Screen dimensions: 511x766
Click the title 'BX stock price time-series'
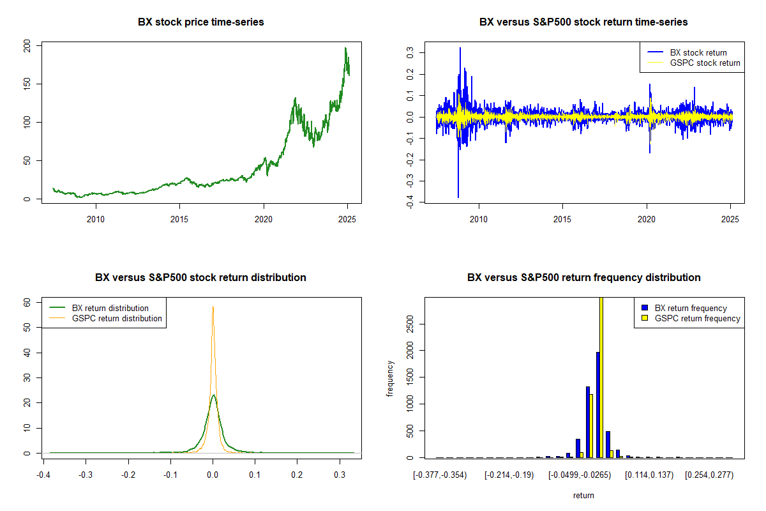[200, 22]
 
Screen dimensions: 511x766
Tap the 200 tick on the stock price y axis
[27, 45]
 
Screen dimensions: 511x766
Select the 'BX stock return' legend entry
[698, 52]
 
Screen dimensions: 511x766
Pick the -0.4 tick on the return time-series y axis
[410, 203]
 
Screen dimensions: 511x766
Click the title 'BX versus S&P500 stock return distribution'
[200, 278]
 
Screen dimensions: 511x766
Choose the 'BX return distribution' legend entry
[110, 308]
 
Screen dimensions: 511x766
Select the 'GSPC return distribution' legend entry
[117, 318]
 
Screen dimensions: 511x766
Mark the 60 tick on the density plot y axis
[27, 302]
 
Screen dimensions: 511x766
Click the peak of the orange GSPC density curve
[213, 307]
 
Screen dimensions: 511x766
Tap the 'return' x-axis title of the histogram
[583, 495]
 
